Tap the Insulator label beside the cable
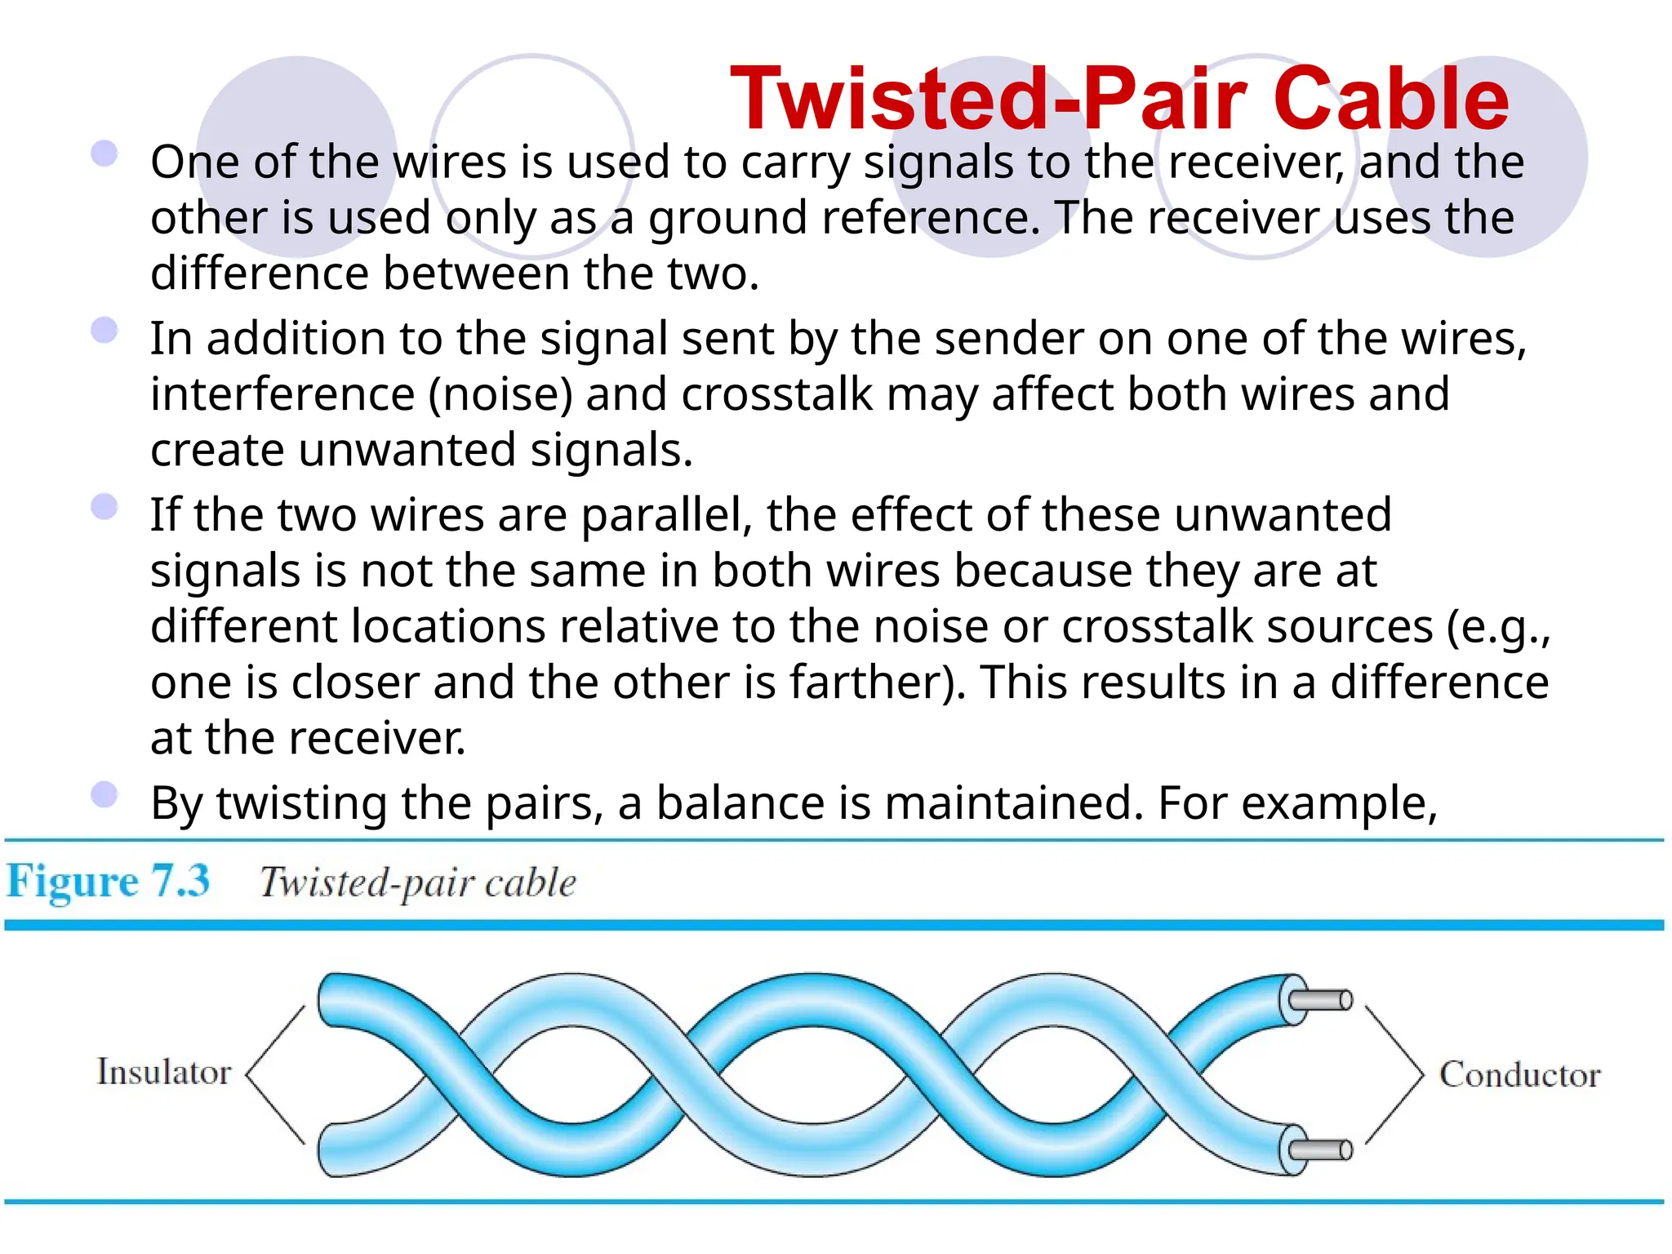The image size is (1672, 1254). [164, 1072]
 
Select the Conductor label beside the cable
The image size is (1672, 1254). [1519, 1074]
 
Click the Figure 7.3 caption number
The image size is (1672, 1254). [108, 882]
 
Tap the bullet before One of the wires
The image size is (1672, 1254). [104, 153]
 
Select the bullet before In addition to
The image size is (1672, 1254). [104, 331]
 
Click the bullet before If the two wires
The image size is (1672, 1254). [104, 507]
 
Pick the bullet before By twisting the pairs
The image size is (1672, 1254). [104, 794]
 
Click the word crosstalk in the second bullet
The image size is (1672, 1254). [777, 394]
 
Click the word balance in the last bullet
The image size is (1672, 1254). [740, 803]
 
